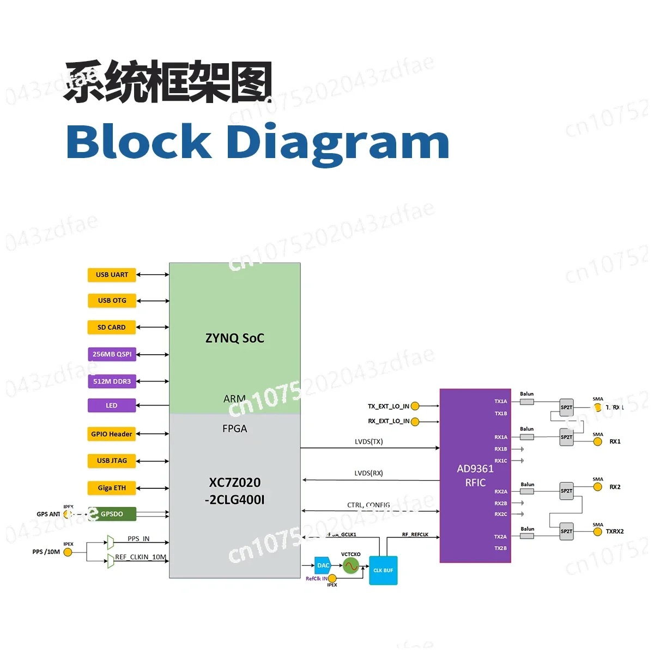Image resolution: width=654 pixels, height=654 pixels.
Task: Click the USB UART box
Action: coord(112,275)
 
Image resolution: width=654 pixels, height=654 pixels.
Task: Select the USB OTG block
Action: coord(112,300)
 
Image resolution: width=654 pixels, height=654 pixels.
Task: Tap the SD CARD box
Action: coord(112,328)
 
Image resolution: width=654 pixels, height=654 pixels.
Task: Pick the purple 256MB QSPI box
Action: coord(112,354)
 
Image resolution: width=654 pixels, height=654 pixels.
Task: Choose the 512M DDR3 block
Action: coord(112,381)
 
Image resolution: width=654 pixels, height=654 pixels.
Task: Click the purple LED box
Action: coord(112,405)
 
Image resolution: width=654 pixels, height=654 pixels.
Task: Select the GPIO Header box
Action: coord(112,434)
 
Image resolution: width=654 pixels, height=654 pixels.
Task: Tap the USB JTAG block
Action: coord(112,461)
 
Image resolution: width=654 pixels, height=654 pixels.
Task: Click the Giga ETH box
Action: coord(112,488)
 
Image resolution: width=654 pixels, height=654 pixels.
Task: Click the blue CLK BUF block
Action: coord(383,570)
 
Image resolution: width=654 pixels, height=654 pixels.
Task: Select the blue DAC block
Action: coord(323,565)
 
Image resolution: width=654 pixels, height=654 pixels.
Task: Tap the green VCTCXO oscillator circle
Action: coord(351,566)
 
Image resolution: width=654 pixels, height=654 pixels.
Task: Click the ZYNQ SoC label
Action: coord(234,338)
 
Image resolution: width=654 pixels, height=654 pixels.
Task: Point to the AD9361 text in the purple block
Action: coord(475,469)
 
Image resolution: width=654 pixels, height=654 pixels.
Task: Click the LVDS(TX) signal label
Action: coord(369,441)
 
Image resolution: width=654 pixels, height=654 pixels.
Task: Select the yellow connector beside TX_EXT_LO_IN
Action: coord(415,406)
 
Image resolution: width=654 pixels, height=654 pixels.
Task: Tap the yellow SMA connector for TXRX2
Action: coord(598,531)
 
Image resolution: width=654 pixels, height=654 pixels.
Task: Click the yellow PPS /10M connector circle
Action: coord(68,552)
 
